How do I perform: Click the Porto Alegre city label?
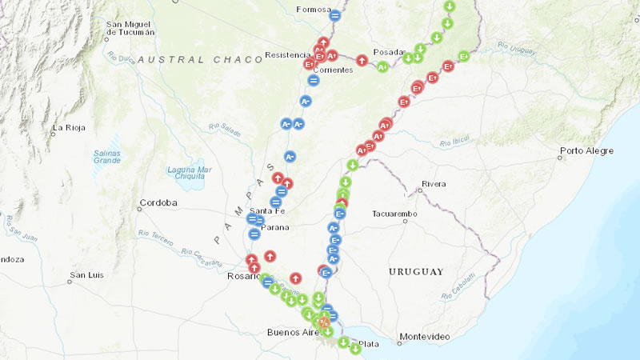tap(586, 150)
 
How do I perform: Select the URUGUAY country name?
tap(415, 272)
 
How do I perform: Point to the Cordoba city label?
tap(158, 202)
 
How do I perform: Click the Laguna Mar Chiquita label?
tap(189, 174)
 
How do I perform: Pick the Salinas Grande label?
tap(106, 156)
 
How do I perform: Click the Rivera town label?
tap(434, 184)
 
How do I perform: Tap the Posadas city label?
tap(390, 50)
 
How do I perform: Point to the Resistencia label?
tap(286, 55)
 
